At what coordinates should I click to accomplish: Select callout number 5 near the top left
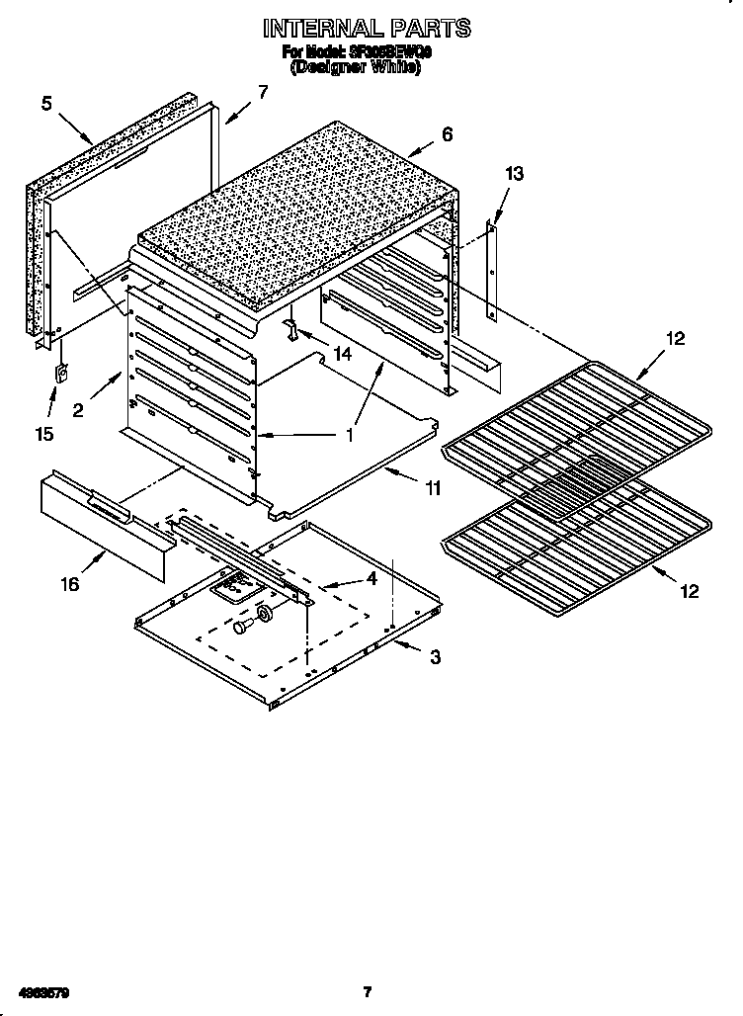click(x=46, y=102)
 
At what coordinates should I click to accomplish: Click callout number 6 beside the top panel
click(x=447, y=134)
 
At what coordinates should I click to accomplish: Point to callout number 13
click(x=514, y=174)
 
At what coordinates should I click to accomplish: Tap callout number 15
click(x=45, y=433)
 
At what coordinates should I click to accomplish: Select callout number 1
click(x=349, y=434)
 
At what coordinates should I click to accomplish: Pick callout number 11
click(x=431, y=487)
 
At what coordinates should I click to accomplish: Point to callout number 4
click(x=371, y=580)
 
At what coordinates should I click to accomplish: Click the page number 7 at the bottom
click(x=367, y=991)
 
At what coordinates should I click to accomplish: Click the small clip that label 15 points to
click(x=60, y=374)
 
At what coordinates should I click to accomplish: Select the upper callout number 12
click(x=674, y=339)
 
